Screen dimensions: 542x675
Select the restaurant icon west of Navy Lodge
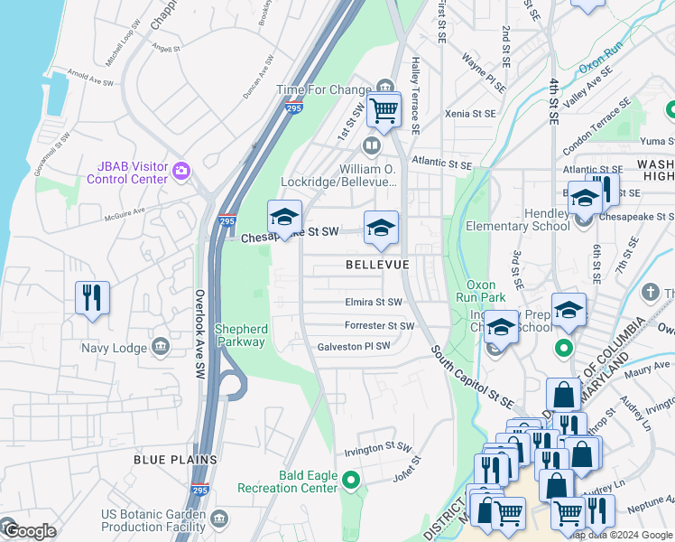(92, 298)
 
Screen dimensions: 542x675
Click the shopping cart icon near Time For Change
(384, 110)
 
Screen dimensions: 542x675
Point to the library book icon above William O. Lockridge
(370, 145)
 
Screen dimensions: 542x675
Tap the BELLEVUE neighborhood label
(377, 265)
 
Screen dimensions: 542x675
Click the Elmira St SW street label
(373, 303)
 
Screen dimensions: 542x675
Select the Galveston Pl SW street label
(354, 346)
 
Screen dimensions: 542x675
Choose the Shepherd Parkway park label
(240, 335)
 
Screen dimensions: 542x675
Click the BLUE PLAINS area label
(175, 460)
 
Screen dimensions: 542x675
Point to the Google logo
(29, 531)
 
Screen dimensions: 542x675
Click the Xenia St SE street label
(470, 115)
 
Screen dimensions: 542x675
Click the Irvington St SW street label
(378, 448)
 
